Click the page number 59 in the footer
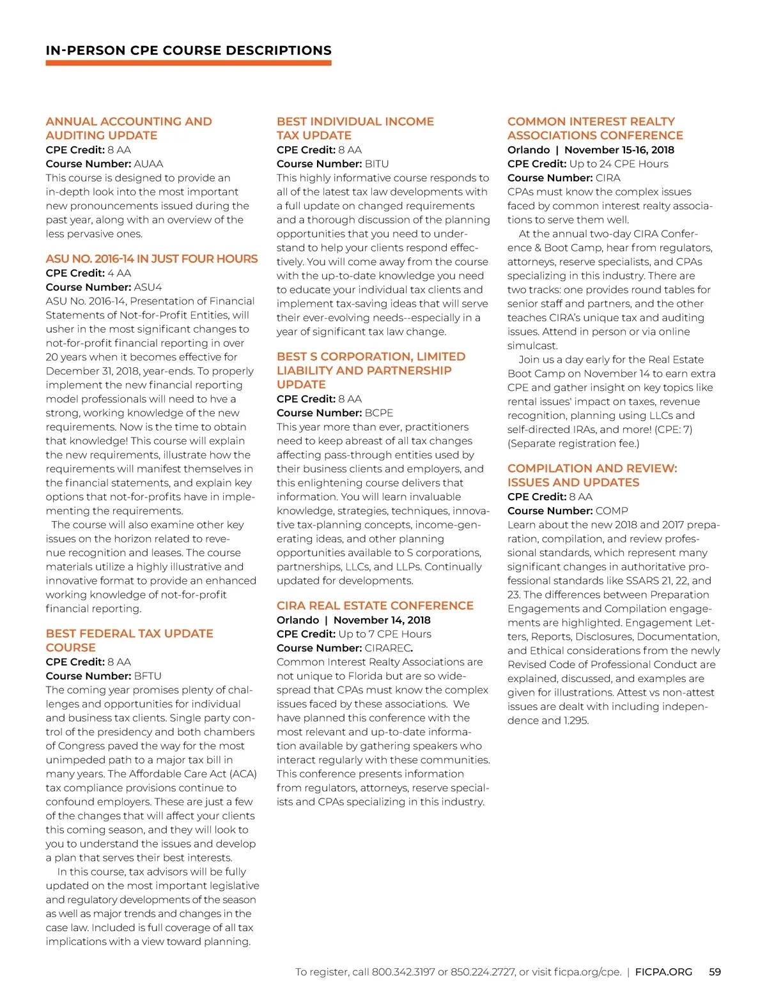coord(715,971)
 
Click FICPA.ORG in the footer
coord(663,971)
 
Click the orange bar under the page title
coord(189,63)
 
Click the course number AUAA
coord(148,164)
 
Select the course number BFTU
coord(148,676)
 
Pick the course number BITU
coord(376,164)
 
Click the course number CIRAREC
coord(387,648)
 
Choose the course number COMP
coord(612,511)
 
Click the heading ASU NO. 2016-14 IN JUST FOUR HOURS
coord(151,259)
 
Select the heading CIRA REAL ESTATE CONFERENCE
coord(375,605)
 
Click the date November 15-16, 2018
coord(619,150)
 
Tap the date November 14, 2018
coord(382,620)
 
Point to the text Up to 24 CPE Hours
coord(619,164)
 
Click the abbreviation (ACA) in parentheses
coord(242,774)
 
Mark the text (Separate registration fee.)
coord(573,443)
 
